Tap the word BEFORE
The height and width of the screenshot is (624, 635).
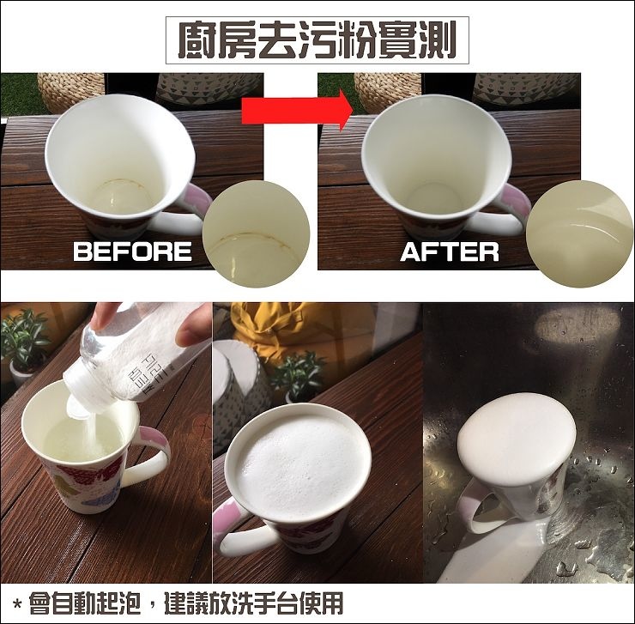pyautogui.click(x=132, y=251)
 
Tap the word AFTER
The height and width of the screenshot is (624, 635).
pyautogui.click(x=450, y=251)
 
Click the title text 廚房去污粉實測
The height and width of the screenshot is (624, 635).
pyautogui.click(x=317, y=40)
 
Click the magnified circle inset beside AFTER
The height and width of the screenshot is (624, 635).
pyautogui.click(x=580, y=233)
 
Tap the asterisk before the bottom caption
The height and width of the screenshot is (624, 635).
pyautogui.click(x=17, y=605)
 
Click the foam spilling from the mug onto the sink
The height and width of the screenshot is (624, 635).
pyautogui.click(x=490, y=555)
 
